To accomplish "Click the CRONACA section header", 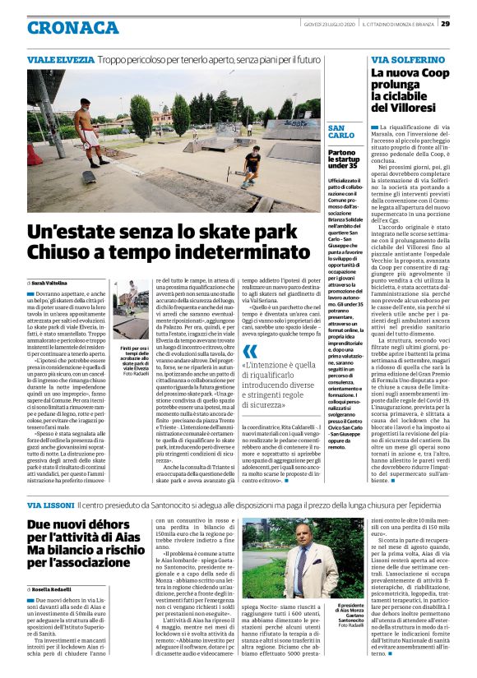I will pyautogui.click(x=72, y=27).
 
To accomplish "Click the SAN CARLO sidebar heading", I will pyautogui.click(x=341, y=132).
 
